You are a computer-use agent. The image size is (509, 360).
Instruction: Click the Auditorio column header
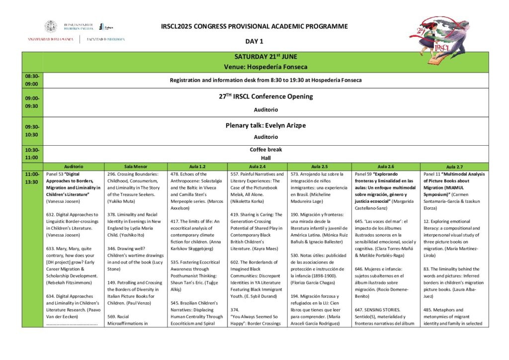[74, 166]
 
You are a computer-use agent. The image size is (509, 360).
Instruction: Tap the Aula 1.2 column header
[197, 166]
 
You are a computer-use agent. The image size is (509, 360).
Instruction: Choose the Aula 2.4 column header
[256, 166]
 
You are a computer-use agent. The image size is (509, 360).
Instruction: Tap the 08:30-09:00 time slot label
[32, 80]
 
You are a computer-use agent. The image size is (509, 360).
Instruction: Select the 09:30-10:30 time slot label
[32, 131]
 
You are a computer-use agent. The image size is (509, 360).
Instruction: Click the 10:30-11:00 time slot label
[32, 154]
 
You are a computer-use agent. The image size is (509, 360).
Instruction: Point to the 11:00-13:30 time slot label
[32, 178]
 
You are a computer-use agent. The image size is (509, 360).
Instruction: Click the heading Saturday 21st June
[265, 57]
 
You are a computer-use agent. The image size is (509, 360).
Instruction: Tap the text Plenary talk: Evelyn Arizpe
[265, 126]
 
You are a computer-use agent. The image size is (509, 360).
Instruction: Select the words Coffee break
[265, 149]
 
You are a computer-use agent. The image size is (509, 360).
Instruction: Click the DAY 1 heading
[254, 41]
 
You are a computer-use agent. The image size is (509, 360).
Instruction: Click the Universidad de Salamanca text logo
[51, 39]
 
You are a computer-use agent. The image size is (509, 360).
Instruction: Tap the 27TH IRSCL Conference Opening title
[265, 96]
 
